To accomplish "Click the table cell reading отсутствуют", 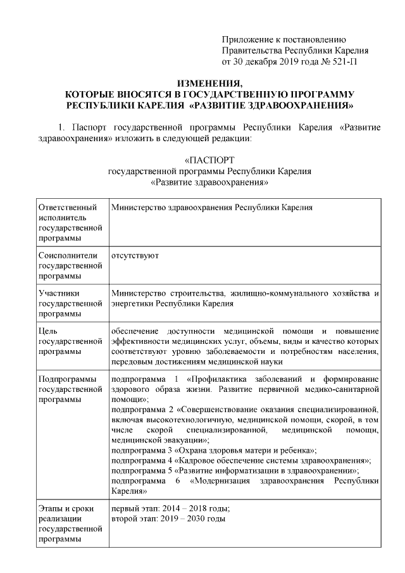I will (x=134, y=255).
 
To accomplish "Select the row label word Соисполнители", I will (x=67, y=255).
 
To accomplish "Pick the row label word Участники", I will (x=59, y=293).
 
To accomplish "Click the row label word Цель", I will (x=49, y=331).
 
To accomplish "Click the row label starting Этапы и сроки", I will (x=66, y=508).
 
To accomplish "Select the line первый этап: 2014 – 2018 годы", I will (x=170, y=508).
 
